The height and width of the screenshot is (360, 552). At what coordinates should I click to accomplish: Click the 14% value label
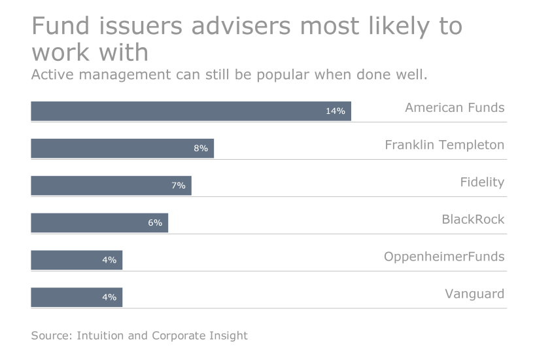tap(335, 111)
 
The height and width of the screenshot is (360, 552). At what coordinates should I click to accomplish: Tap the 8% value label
tap(201, 149)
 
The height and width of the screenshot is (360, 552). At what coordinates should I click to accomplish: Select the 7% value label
tap(179, 186)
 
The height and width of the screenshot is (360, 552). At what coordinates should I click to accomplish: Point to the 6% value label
tap(155, 223)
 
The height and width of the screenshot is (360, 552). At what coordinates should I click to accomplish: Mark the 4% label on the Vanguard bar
tap(109, 298)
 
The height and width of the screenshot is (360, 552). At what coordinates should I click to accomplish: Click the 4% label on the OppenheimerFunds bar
tap(109, 261)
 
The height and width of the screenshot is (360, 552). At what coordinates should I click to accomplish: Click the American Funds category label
tap(455, 107)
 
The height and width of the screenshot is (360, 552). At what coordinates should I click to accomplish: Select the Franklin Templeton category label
tap(444, 145)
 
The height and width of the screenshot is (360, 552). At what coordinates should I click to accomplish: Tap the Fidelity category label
tap(482, 182)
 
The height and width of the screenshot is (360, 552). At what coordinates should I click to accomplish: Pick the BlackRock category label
tap(473, 219)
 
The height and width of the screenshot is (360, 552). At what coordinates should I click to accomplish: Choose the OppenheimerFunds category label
tap(444, 257)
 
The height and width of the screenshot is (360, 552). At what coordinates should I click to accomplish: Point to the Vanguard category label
tap(474, 294)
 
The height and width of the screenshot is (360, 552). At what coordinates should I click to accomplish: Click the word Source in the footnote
tap(51, 336)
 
